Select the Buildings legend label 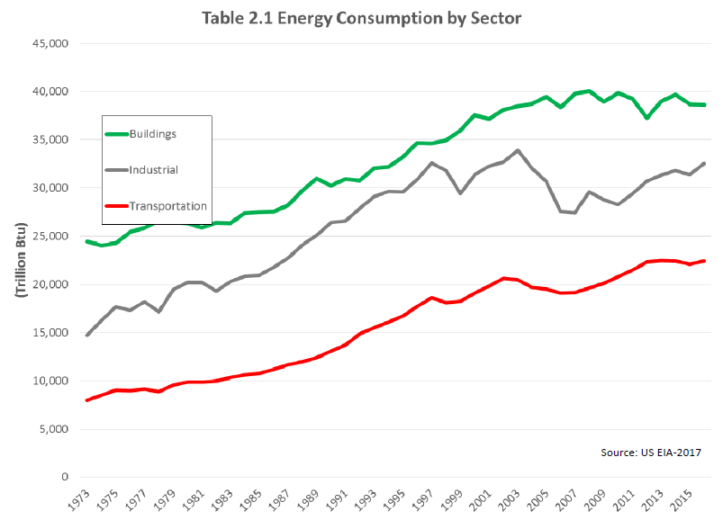click(x=151, y=134)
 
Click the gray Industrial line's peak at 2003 click(x=518, y=151)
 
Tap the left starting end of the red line click(x=86, y=399)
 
